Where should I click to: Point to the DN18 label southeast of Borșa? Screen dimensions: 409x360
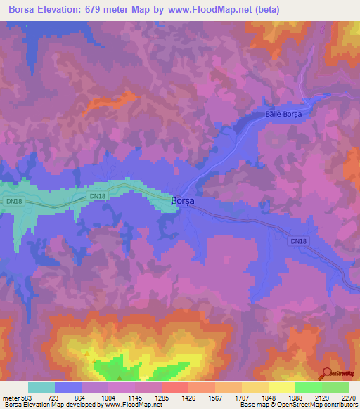coord(299,241)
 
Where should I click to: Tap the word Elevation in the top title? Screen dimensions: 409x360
coord(62,10)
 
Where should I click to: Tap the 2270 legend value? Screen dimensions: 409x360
coord(349,398)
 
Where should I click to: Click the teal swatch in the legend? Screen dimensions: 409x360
coord(41,387)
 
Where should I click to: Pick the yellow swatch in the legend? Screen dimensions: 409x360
coord(281,387)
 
